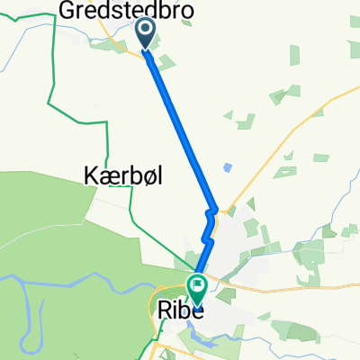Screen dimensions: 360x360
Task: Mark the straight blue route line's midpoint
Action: (180, 126)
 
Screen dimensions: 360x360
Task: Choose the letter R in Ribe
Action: (165, 309)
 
